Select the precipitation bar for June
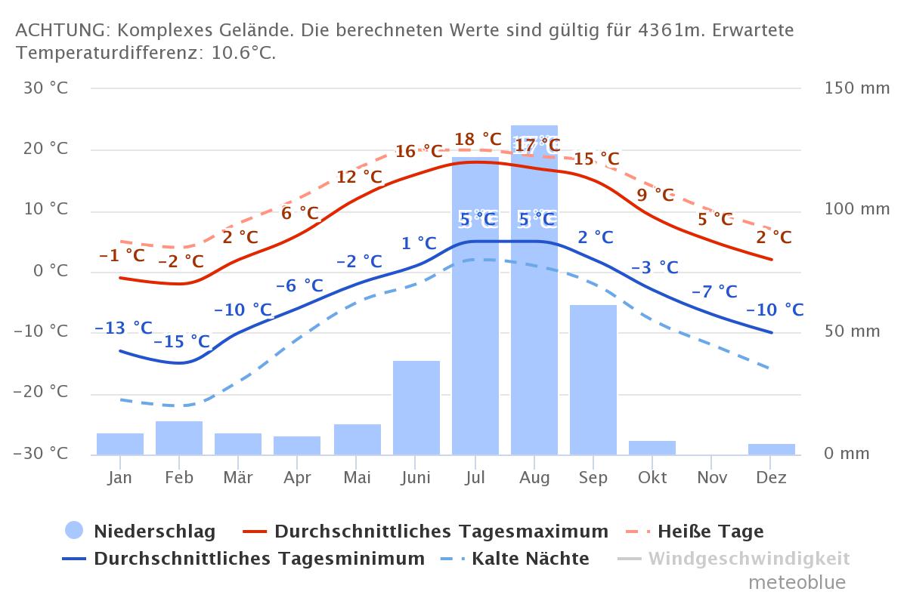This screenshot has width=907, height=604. point(416,408)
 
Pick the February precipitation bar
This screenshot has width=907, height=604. point(179,438)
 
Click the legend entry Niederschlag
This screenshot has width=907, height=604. point(154,532)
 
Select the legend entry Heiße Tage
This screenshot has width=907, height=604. point(710,532)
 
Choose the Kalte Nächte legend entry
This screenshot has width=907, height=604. point(530,559)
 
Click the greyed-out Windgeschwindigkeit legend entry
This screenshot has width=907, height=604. point(748,559)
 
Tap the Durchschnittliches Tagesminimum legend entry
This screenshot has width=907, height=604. point(258,559)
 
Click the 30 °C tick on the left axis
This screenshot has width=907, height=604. point(46,88)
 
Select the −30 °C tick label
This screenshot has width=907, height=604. point(42,454)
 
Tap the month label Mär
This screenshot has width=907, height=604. point(238,478)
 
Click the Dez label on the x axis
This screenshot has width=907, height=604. point(772,478)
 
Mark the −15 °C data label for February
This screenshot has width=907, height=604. point(181,342)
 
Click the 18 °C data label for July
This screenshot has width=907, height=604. point(478,140)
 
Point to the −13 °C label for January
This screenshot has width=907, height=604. point(123,328)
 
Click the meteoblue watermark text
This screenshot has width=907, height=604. point(797,583)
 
